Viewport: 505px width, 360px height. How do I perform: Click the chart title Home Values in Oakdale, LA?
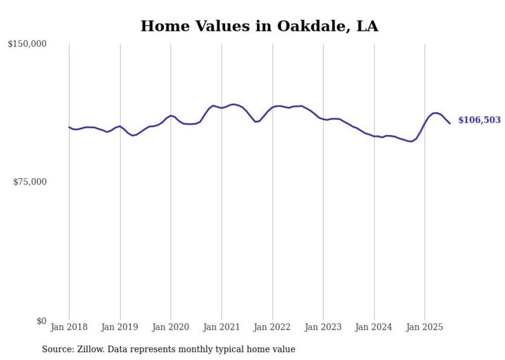click(x=259, y=26)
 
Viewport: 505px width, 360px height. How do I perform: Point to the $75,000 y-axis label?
click(x=29, y=182)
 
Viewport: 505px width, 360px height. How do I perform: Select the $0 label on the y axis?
click(x=41, y=321)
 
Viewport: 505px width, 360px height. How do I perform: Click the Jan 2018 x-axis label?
click(x=69, y=328)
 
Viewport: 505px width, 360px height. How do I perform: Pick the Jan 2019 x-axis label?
click(x=120, y=328)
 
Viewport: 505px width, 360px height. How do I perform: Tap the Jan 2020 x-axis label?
click(x=171, y=328)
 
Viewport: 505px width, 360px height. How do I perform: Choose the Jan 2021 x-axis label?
click(x=222, y=328)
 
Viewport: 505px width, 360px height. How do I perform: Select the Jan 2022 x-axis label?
click(x=273, y=328)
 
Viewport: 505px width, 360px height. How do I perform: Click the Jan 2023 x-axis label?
click(x=323, y=328)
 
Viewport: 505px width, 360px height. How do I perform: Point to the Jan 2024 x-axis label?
click(x=374, y=328)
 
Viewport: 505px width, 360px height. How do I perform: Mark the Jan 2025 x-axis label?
click(x=425, y=328)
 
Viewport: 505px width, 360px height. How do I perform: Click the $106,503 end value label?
click(x=479, y=120)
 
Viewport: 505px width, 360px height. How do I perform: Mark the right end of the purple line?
click(x=450, y=124)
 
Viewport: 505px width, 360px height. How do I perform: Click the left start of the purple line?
click(x=69, y=127)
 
